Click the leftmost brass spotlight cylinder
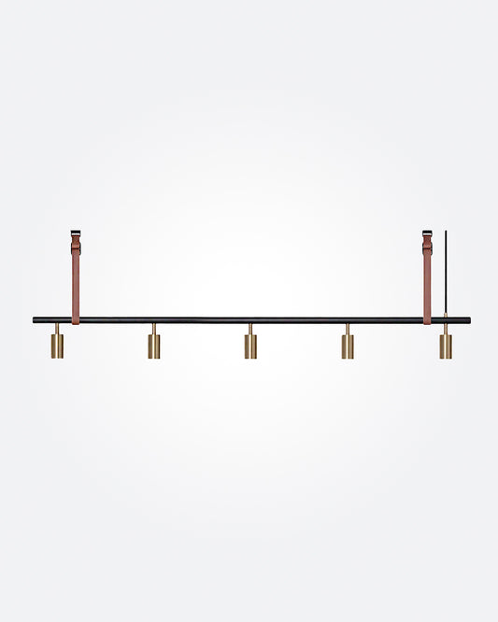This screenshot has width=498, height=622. [57, 346]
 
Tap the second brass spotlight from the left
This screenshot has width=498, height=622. [154, 346]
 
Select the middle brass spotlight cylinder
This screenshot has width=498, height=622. [250, 346]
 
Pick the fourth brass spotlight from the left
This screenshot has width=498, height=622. [348, 346]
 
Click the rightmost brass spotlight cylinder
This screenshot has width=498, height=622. [446, 346]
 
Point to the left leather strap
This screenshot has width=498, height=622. [76, 280]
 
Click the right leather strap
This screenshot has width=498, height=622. [427, 280]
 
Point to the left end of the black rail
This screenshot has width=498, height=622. [36, 319]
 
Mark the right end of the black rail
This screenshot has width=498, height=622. [467, 319]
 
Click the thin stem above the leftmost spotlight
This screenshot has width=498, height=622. [57, 329]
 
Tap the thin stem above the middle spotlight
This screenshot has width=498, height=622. [250, 329]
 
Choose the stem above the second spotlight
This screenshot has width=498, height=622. [154, 329]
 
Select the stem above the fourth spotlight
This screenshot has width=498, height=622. [348, 329]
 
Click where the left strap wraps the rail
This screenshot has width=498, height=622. [76, 319]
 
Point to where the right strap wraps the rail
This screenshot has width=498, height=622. [427, 319]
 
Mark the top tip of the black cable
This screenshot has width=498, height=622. [446, 232]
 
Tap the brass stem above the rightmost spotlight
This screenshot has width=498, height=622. [446, 329]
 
